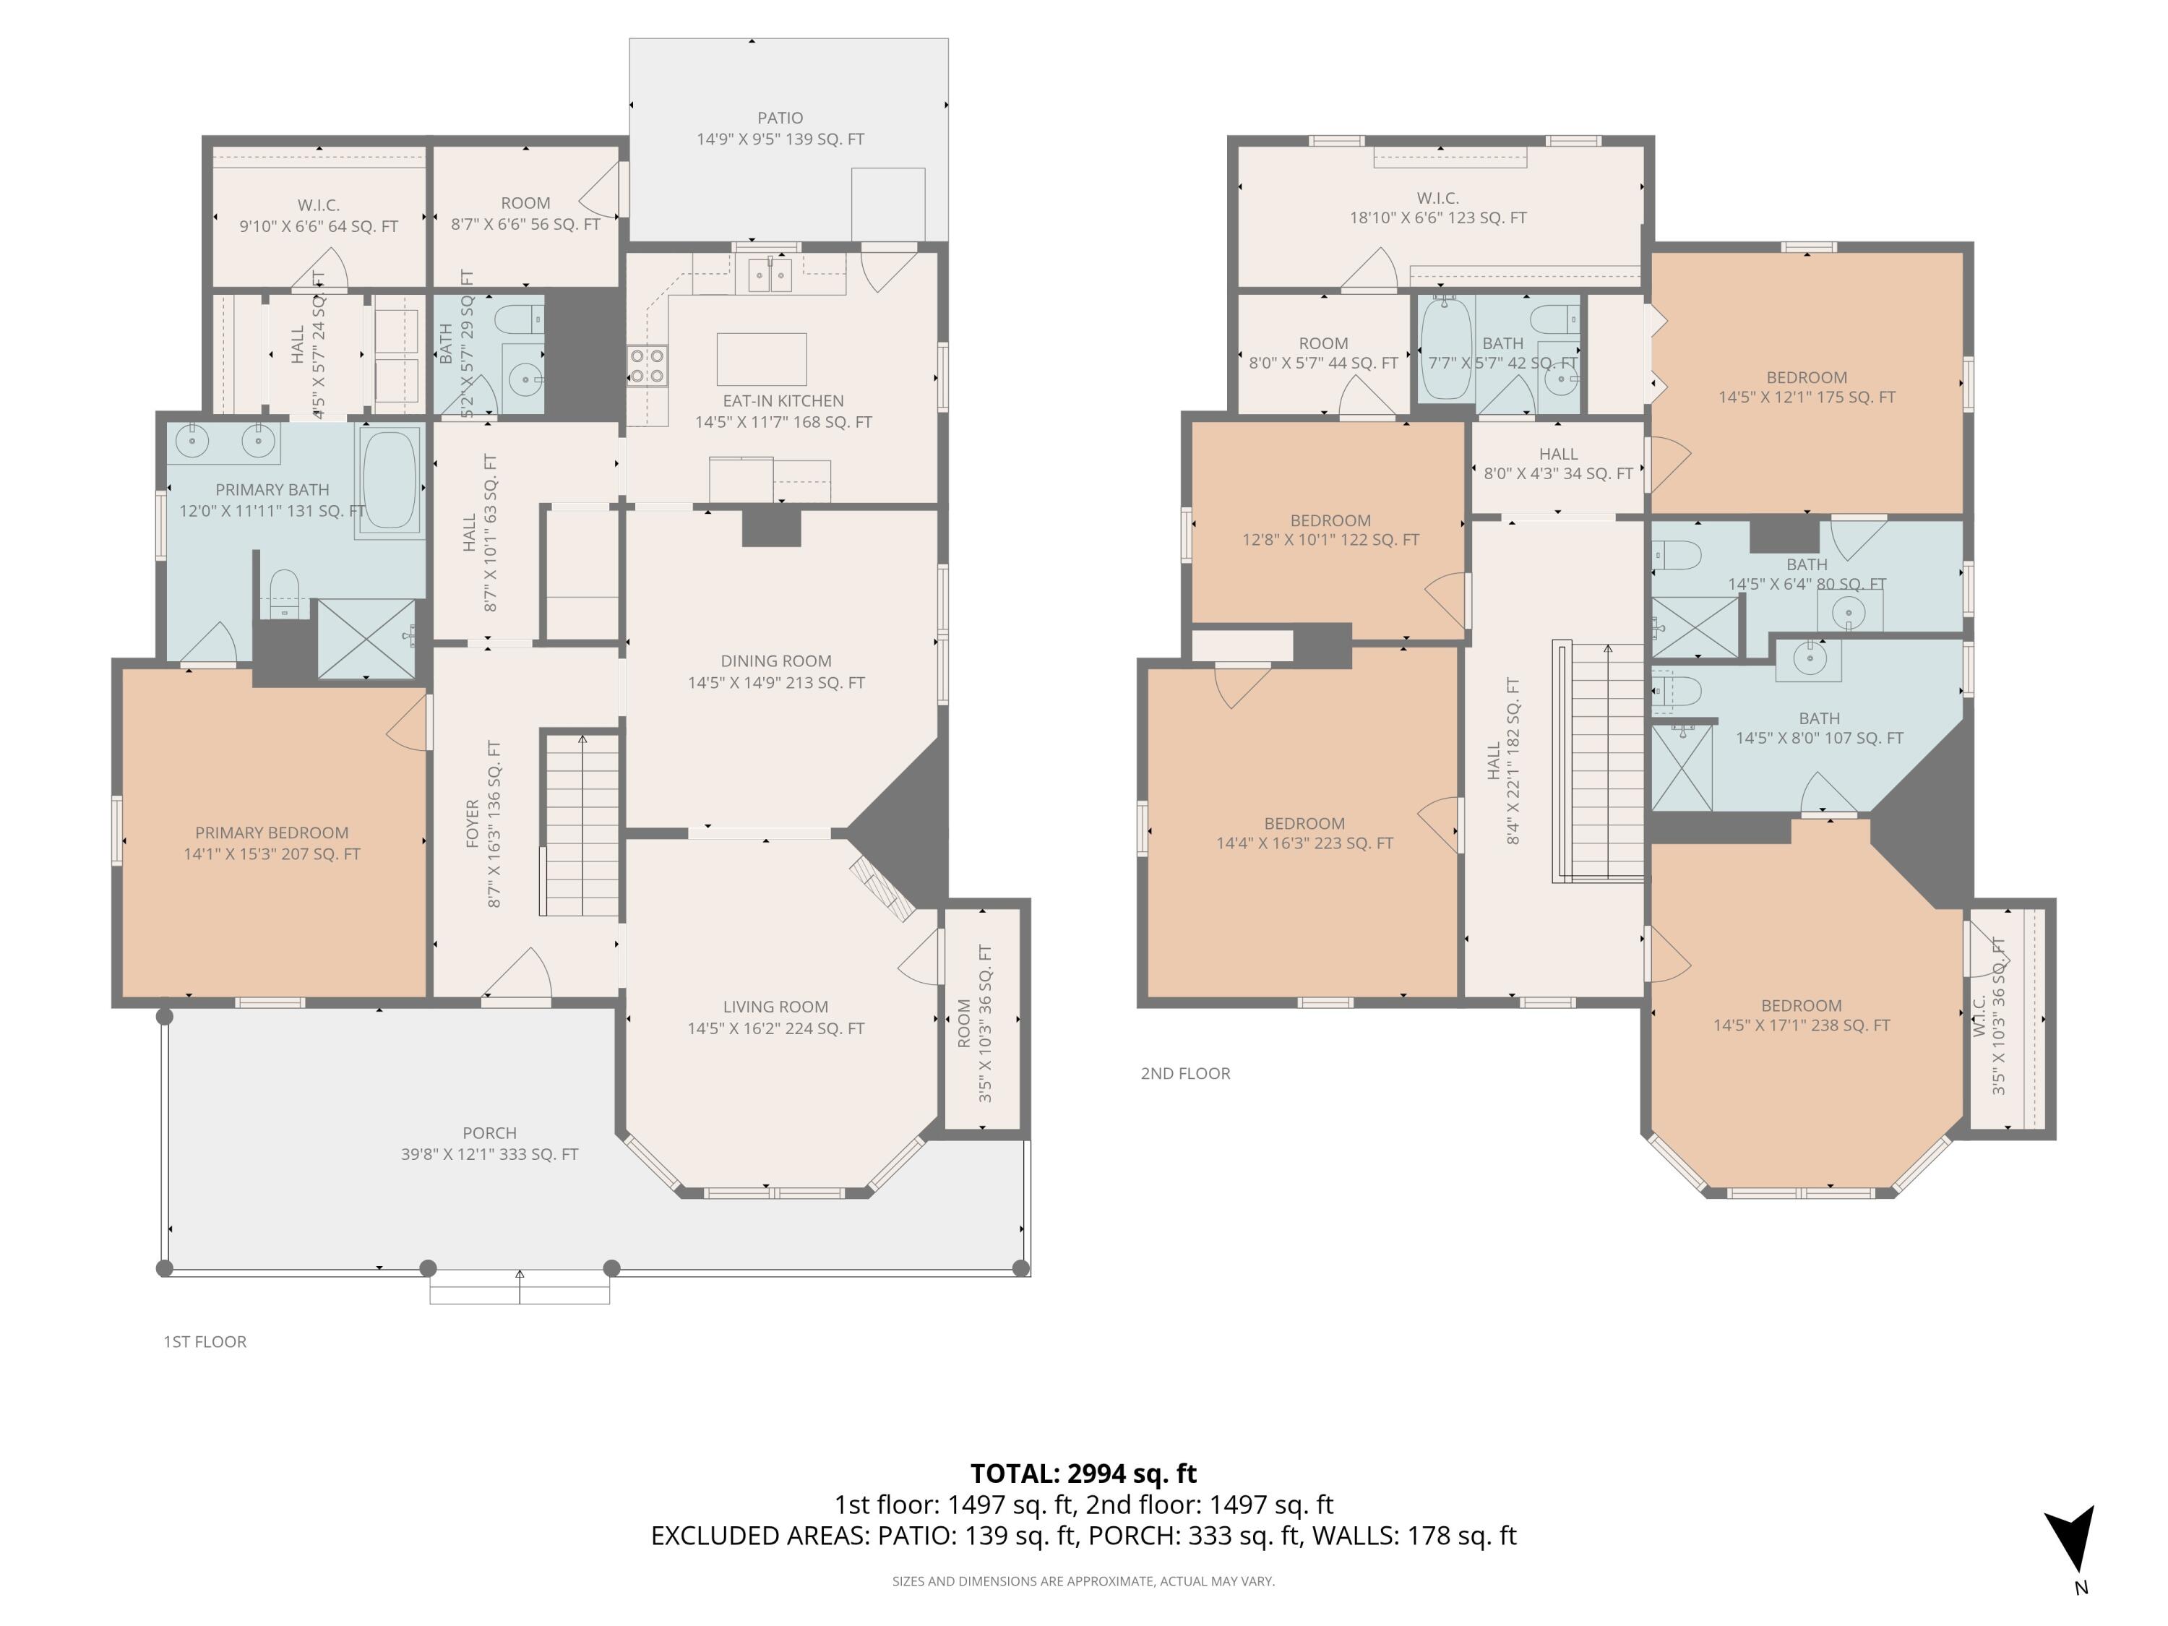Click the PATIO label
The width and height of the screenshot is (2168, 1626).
[x=780, y=119]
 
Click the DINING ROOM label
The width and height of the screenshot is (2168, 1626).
[x=775, y=661]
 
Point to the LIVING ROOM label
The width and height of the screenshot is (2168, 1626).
[x=775, y=1007]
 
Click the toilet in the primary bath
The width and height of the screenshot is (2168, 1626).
[x=284, y=594]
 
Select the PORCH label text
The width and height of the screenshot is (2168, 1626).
[x=489, y=1133]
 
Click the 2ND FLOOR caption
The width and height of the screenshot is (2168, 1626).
[x=1185, y=1073]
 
